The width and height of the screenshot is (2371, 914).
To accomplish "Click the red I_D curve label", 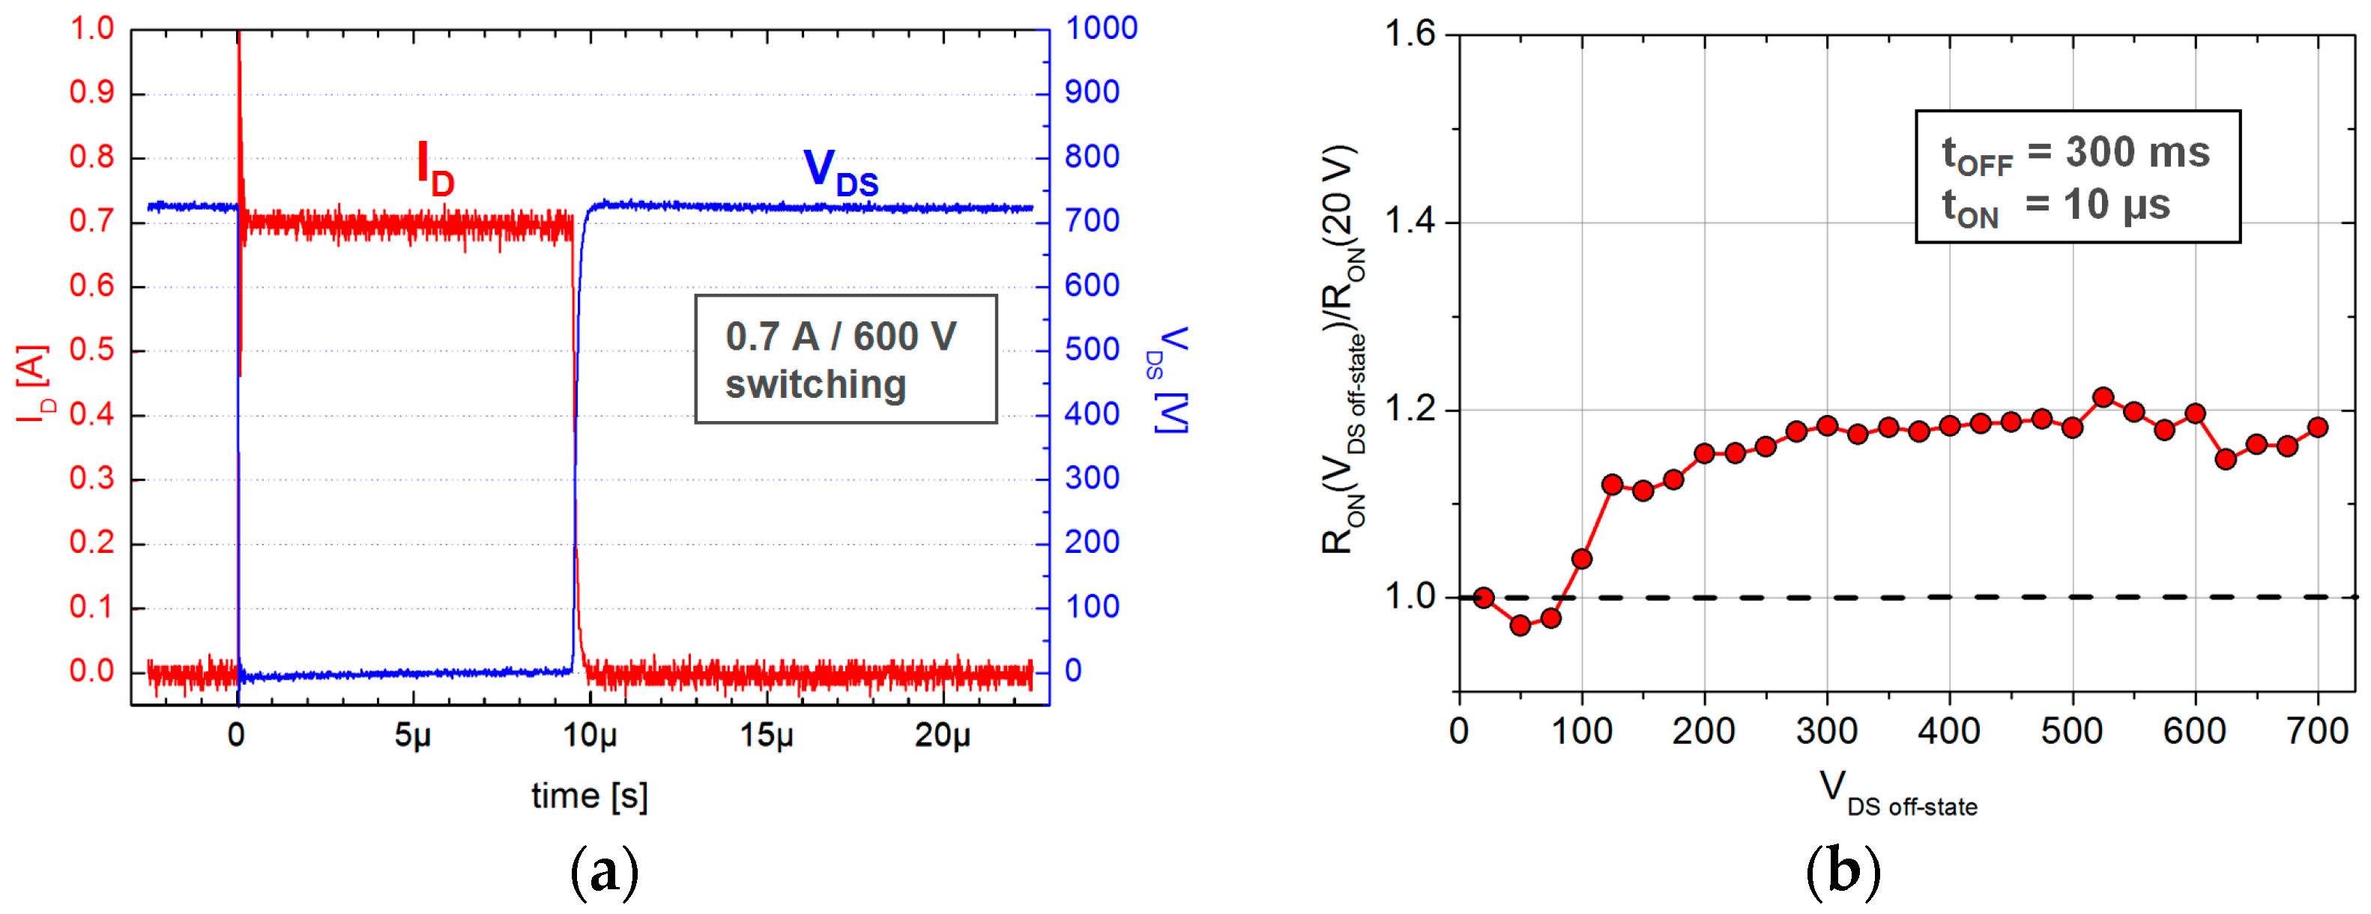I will pos(435,169).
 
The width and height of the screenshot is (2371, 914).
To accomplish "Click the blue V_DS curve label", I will pos(839,172).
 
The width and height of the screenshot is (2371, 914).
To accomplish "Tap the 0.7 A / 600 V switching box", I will pos(845,359).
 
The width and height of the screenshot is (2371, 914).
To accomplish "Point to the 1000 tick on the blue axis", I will pos(1101,28).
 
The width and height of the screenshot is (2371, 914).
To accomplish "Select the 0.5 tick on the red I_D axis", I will pos(92,350).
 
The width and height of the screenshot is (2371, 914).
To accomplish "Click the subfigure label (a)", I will pos(604,870).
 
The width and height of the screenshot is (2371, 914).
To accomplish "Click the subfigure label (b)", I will pos(1843,870).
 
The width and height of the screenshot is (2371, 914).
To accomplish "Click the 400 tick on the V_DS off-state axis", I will pos(1948,731).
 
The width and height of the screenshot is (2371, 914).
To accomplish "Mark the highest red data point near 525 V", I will pos(2102,398).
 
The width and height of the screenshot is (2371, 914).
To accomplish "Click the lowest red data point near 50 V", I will pos(1520,626).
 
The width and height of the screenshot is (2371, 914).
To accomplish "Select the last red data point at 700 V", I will pos(2318,427).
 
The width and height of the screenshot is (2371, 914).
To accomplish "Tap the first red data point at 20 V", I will pos(1483,597).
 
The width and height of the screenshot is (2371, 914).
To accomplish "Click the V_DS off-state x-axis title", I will pos(1898,793).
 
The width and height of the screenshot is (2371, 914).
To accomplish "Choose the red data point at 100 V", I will pos(1581,559).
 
